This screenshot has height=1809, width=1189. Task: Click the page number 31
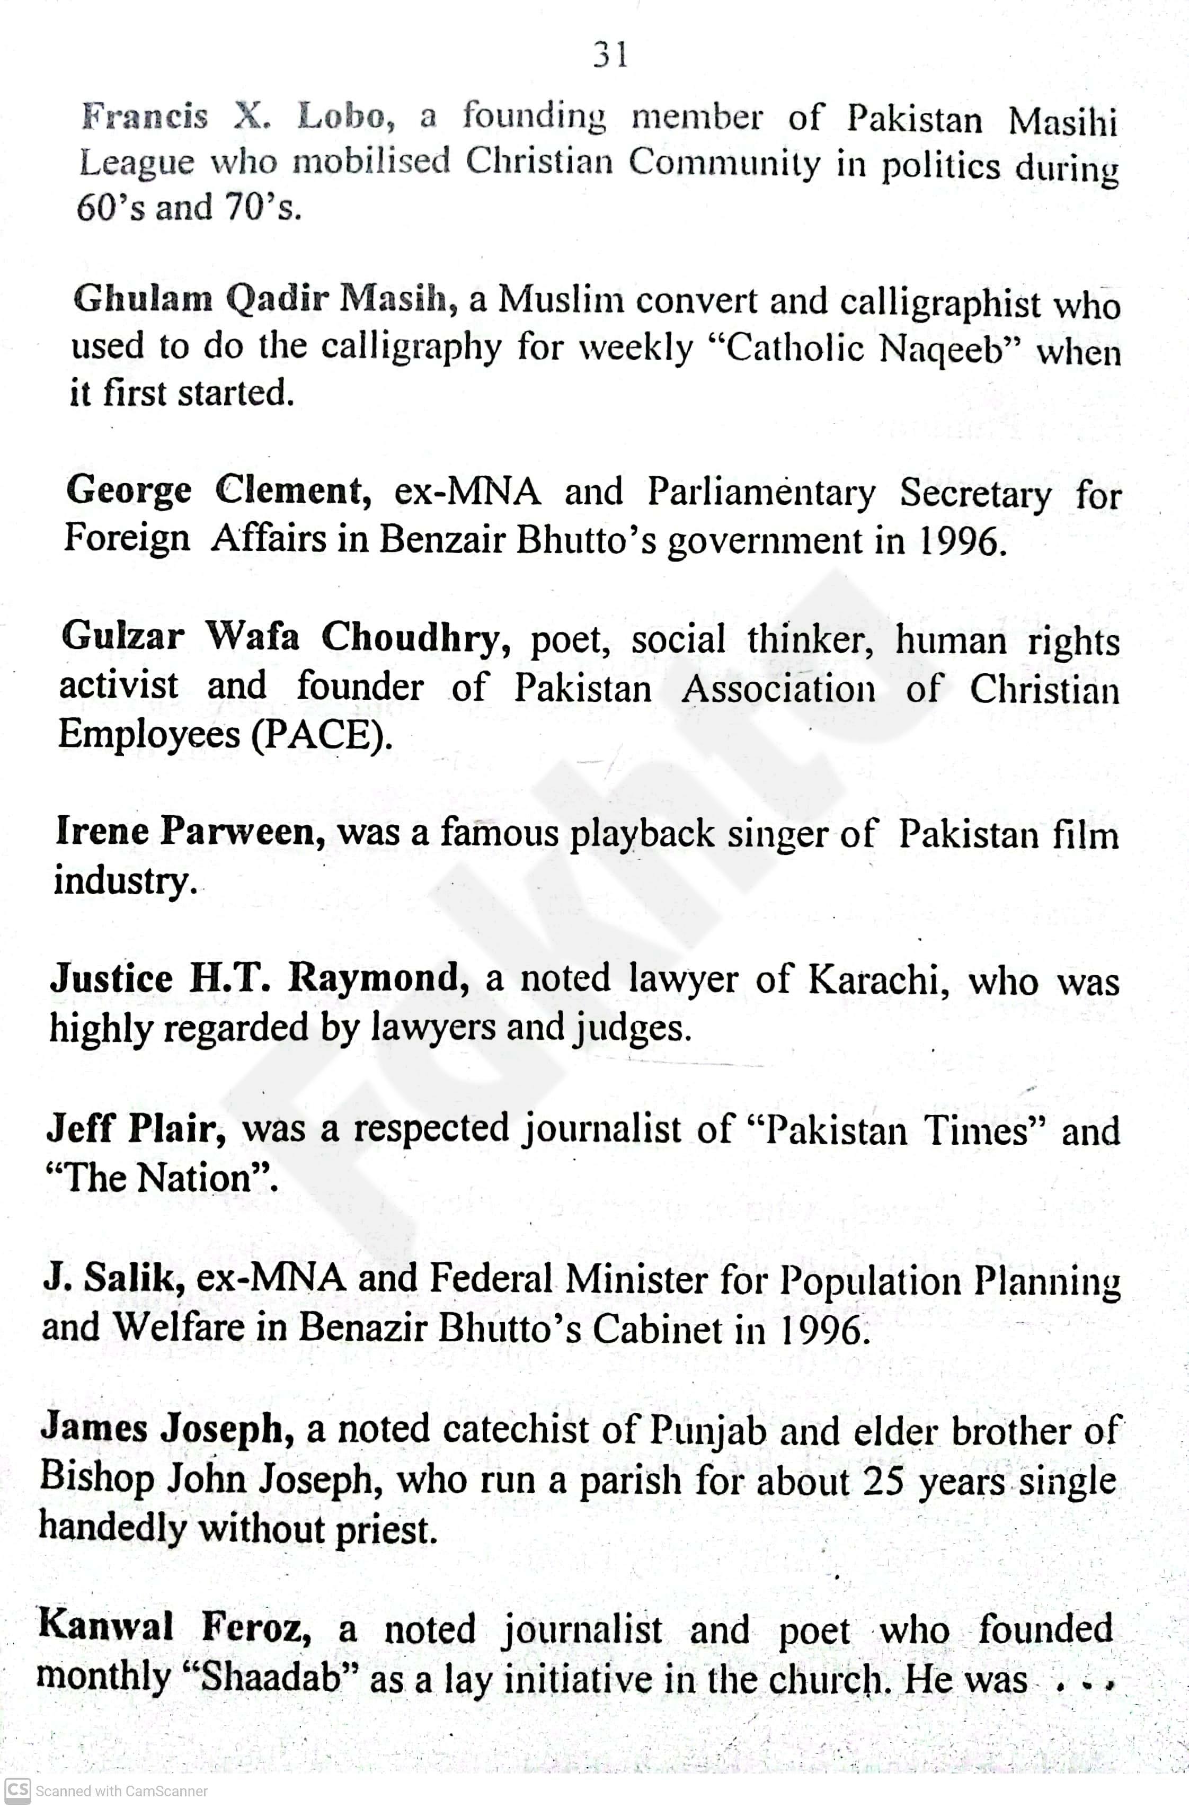pyautogui.click(x=610, y=55)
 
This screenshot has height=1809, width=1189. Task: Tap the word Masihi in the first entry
pyautogui.click(x=1063, y=122)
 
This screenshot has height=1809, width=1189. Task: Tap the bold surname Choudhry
pyautogui.click(x=415, y=637)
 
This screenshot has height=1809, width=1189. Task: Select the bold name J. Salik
pyautogui.click(x=114, y=1278)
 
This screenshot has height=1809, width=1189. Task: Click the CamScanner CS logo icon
pyautogui.click(x=17, y=1791)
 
